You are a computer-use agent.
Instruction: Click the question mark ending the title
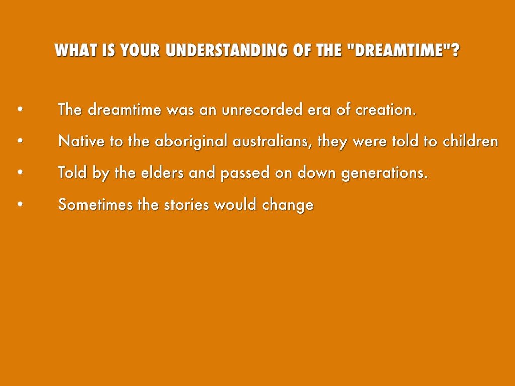click(x=455, y=50)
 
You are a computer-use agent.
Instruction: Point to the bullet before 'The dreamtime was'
click(x=20, y=109)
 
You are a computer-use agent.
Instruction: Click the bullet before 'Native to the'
click(x=20, y=141)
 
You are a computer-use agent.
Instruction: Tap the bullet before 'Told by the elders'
click(x=20, y=172)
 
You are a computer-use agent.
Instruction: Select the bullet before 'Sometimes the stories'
click(x=20, y=204)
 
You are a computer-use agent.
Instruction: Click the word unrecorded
click(x=262, y=109)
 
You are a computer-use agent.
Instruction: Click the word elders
click(x=162, y=172)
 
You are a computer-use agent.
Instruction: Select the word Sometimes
click(x=95, y=204)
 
